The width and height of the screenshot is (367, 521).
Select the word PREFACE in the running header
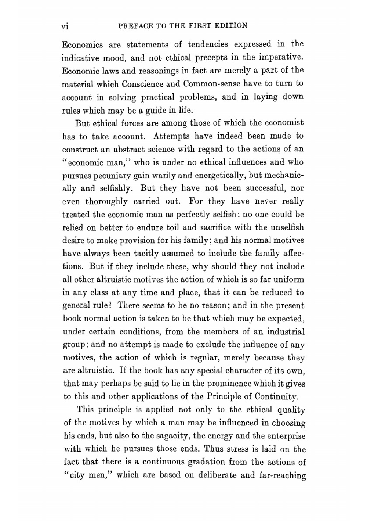pos(132,26)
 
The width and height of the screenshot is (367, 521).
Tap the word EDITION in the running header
pos(230,26)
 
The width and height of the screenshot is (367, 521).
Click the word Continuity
pos(277,397)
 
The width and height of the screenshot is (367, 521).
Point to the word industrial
pos(286,332)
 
